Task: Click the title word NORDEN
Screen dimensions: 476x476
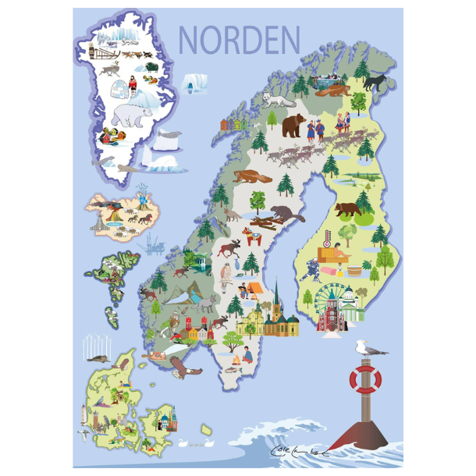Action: pos(239,40)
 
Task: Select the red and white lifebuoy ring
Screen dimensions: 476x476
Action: pos(364,380)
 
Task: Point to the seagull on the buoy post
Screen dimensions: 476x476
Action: pos(361,348)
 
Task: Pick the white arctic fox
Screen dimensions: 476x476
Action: pos(276,100)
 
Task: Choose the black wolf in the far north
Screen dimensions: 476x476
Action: pos(376,81)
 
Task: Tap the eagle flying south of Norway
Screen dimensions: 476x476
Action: pos(181,368)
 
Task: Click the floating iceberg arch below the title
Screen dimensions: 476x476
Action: pos(194,82)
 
